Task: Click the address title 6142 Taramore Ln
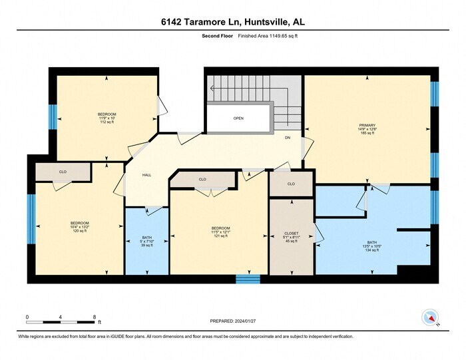point(233,21)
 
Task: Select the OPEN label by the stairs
point(238,118)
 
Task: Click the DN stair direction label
point(288,138)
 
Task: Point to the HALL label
point(146,176)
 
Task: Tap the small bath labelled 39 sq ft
point(146,241)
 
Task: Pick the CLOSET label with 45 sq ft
point(291,238)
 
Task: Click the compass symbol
point(430,318)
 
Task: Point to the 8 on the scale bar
point(95,317)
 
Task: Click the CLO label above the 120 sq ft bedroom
point(63,172)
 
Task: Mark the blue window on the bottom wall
point(248,279)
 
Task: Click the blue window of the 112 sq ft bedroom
point(51,117)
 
